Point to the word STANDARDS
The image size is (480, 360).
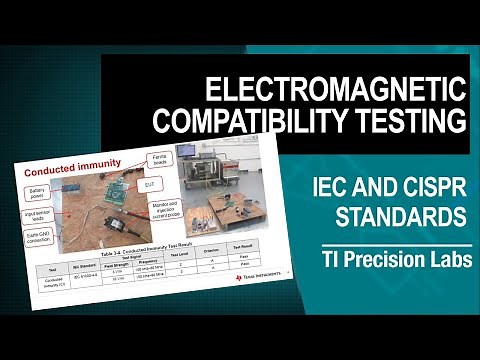pos(401,215)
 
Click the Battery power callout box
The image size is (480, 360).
pos(38,191)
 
